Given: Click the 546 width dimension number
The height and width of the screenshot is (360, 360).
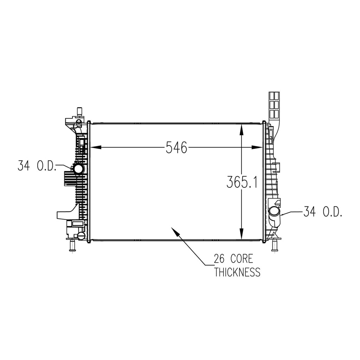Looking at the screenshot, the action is (x=176, y=147).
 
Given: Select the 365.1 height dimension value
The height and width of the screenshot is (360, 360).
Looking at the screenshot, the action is (x=242, y=182).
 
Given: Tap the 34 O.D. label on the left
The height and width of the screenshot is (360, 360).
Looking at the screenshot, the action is (x=37, y=166).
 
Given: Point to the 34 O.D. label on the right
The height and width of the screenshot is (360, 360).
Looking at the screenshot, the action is (x=323, y=212).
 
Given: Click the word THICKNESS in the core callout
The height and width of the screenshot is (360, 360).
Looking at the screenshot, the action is (x=237, y=272).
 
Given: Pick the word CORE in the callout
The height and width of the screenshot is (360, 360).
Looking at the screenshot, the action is (x=242, y=259).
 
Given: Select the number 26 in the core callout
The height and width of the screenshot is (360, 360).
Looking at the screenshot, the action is (x=219, y=259).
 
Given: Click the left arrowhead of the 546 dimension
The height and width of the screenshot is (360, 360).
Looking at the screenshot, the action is (x=96, y=147).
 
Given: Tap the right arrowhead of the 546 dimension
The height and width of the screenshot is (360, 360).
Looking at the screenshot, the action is (x=257, y=147).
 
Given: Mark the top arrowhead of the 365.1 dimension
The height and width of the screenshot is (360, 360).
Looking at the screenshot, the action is (x=241, y=129).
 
